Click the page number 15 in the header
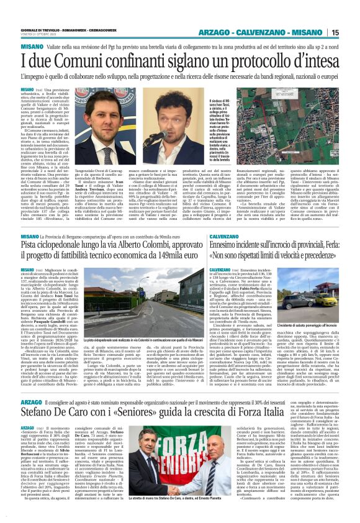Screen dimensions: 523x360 click(x=351, y=32)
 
